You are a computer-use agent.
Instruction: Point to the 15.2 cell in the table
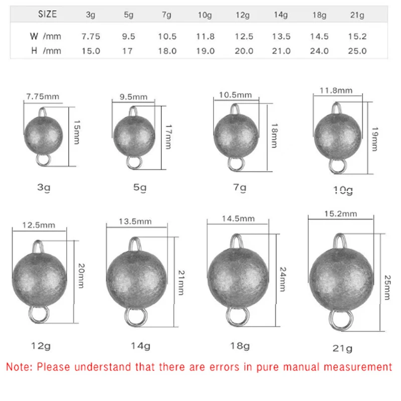(358, 37)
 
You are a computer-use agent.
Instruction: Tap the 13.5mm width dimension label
(135, 221)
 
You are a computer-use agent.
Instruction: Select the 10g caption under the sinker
(343, 190)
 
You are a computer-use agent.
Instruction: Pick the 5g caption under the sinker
(140, 188)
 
